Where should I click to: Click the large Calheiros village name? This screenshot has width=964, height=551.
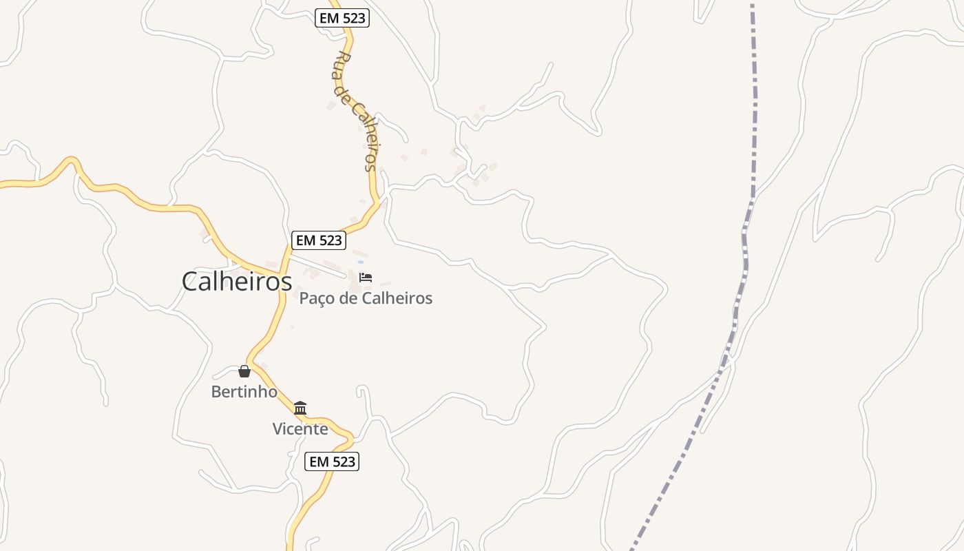tap(237, 281)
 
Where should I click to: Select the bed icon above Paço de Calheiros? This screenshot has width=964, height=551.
tap(366, 278)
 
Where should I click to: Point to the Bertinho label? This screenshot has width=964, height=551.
tap(244, 392)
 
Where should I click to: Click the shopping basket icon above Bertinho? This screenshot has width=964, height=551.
tap(244, 372)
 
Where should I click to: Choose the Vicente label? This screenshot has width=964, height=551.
tap(300, 428)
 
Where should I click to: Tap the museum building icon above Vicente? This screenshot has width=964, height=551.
tap(300, 408)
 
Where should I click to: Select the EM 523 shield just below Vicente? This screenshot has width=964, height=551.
tap(332, 461)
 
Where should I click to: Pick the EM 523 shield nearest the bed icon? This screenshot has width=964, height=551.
tap(318, 240)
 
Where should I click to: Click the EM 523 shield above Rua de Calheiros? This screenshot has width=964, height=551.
tap(342, 19)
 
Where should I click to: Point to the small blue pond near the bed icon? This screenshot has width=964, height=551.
tap(360, 262)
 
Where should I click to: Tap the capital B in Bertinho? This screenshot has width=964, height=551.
tap(216, 392)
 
